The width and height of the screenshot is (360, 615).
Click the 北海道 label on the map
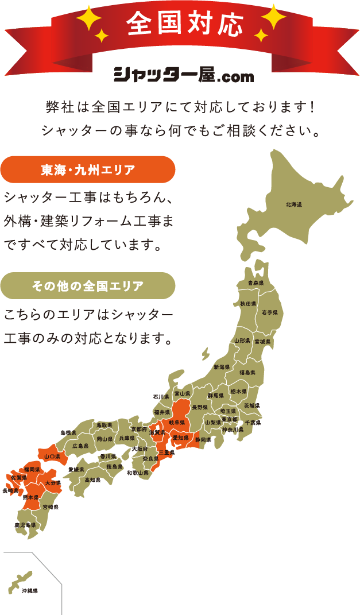(293, 205)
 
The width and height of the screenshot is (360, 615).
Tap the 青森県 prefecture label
(256, 284)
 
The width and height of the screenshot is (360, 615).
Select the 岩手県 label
(269, 312)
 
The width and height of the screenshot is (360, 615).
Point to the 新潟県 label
(222, 367)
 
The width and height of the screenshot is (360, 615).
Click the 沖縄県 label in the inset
(29, 590)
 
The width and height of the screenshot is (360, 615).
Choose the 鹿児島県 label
(25, 525)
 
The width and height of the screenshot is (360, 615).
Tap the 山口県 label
(53, 457)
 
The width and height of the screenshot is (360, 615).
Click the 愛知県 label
(181, 438)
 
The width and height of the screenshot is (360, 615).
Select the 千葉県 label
(253, 423)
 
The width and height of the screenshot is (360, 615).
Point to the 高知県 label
(92, 479)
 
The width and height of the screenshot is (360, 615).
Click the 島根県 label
(68, 432)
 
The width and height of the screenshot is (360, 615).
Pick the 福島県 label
(247, 373)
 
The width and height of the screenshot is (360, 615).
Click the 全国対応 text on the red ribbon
(184, 24)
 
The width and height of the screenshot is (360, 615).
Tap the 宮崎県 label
(51, 508)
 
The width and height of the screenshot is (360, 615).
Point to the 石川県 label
(161, 397)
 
